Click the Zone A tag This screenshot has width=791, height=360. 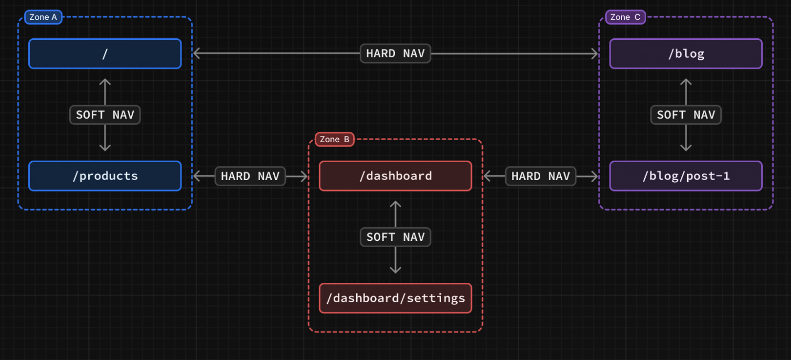(44, 17)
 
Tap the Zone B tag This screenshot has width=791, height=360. (335, 139)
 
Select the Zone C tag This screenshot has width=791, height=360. (625, 17)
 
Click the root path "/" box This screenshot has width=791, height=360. (105, 54)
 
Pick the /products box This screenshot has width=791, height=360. (105, 176)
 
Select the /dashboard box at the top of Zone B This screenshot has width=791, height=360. (395, 176)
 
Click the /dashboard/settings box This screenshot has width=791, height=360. (395, 298)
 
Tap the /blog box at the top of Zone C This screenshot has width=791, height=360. (686, 54)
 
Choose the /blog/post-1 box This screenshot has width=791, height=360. (686, 176)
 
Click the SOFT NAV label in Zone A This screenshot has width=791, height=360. (105, 115)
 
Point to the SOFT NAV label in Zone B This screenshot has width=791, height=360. (395, 237)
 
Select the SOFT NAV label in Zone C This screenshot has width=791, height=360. (686, 115)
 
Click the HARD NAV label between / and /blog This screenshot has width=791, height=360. (395, 54)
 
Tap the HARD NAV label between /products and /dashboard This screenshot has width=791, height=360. (250, 176)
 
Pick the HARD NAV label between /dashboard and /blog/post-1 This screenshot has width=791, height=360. (541, 176)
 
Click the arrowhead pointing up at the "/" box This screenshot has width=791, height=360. (105, 82)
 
